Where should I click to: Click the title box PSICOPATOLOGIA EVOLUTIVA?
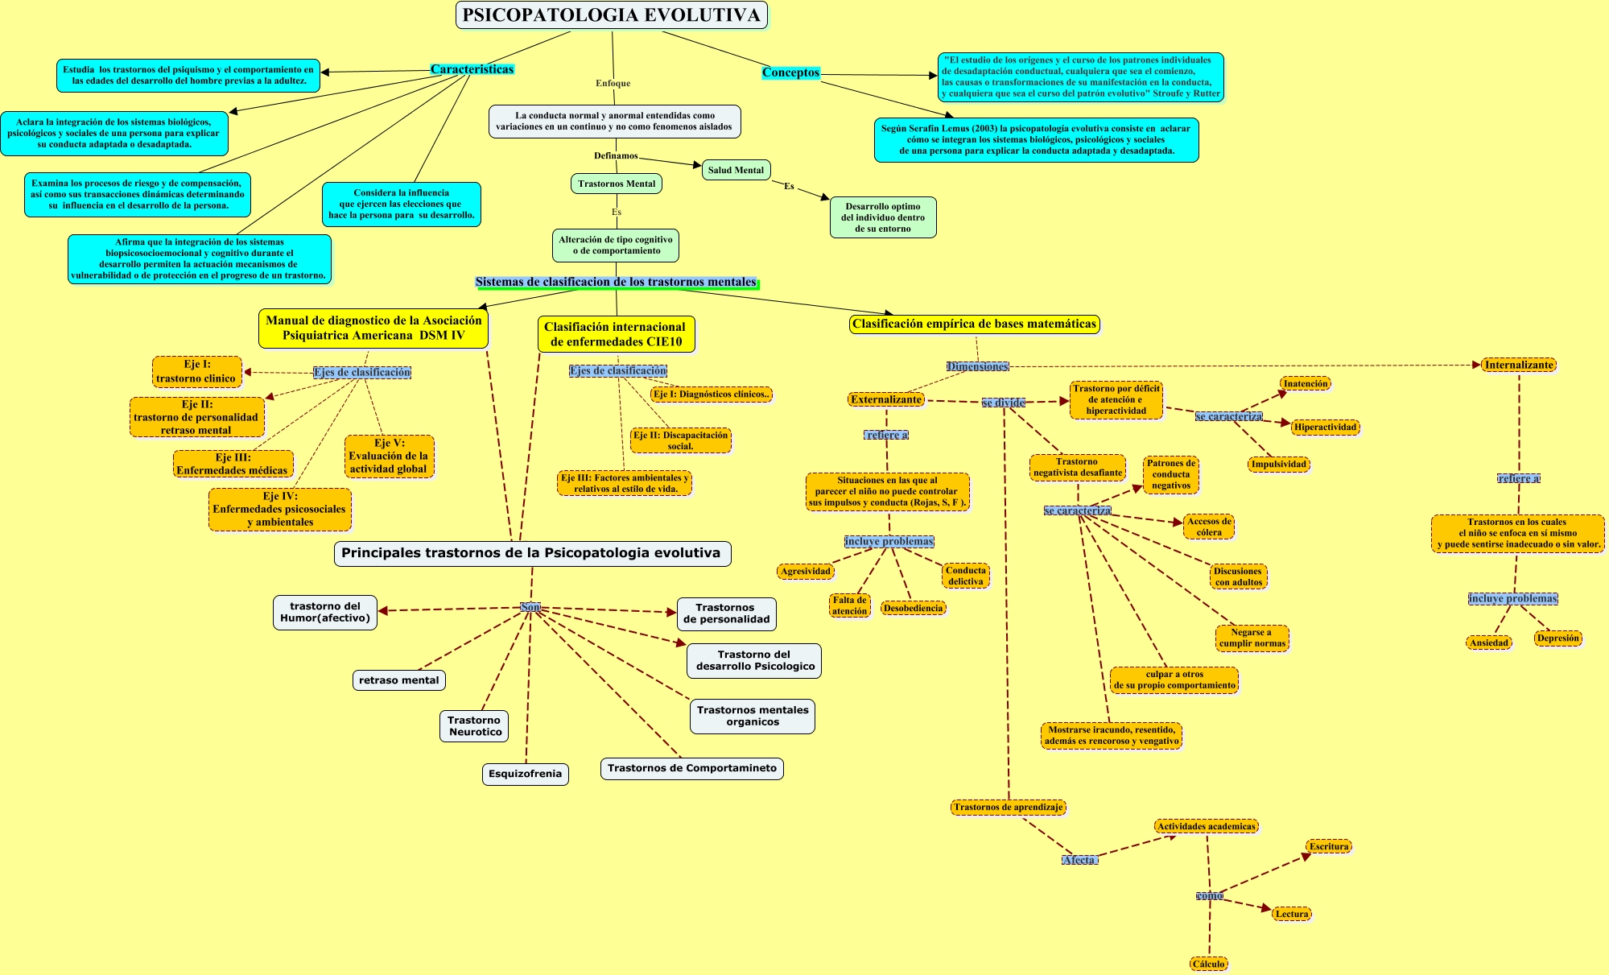(612, 15)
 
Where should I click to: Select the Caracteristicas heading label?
(472, 69)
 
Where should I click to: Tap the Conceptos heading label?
(790, 72)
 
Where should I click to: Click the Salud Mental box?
(736, 170)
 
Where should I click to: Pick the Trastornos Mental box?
(617, 184)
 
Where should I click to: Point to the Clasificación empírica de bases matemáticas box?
(974, 324)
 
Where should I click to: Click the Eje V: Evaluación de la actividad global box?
(389, 457)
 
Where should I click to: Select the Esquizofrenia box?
(525, 774)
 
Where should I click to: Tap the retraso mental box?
(398, 680)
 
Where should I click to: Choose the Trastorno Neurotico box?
(475, 726)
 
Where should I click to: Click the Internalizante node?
(1519, 365)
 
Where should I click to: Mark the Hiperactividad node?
(1325, 427)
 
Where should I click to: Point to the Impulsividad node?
(1279, 464)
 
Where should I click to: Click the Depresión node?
(1557, 638)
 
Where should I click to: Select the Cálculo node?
(1208, 964)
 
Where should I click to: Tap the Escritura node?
(1328, 846)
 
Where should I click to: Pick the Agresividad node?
(805, 571)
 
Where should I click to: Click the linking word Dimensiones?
(977, 366)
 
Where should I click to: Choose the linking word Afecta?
(1079, 860)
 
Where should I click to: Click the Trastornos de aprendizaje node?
(1008, 807)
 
